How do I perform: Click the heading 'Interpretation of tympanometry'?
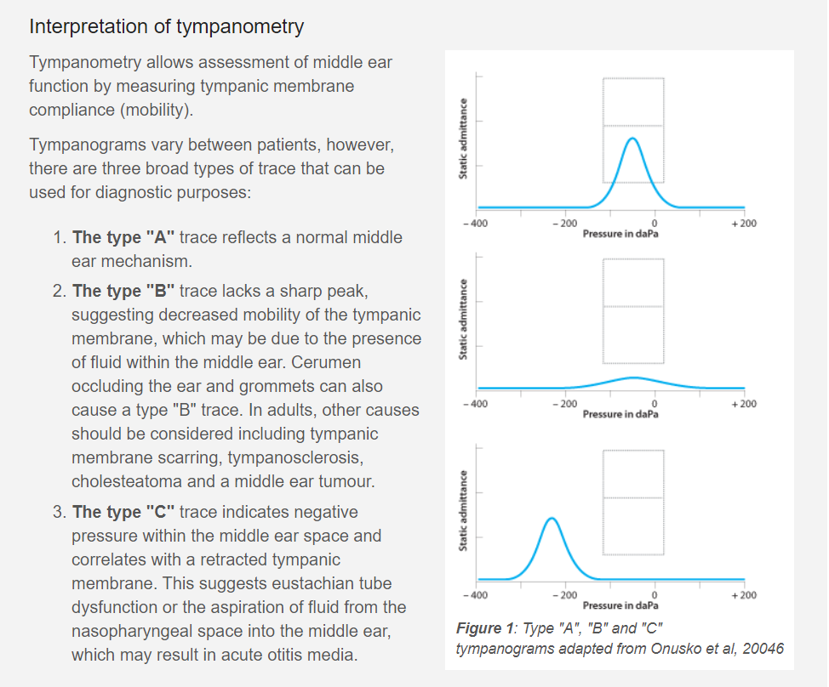[166, 26]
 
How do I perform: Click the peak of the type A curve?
[632, 139]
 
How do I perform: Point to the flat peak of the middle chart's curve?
[632, 378]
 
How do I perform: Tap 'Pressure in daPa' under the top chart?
[620, 233]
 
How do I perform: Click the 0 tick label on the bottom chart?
[654, 594]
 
